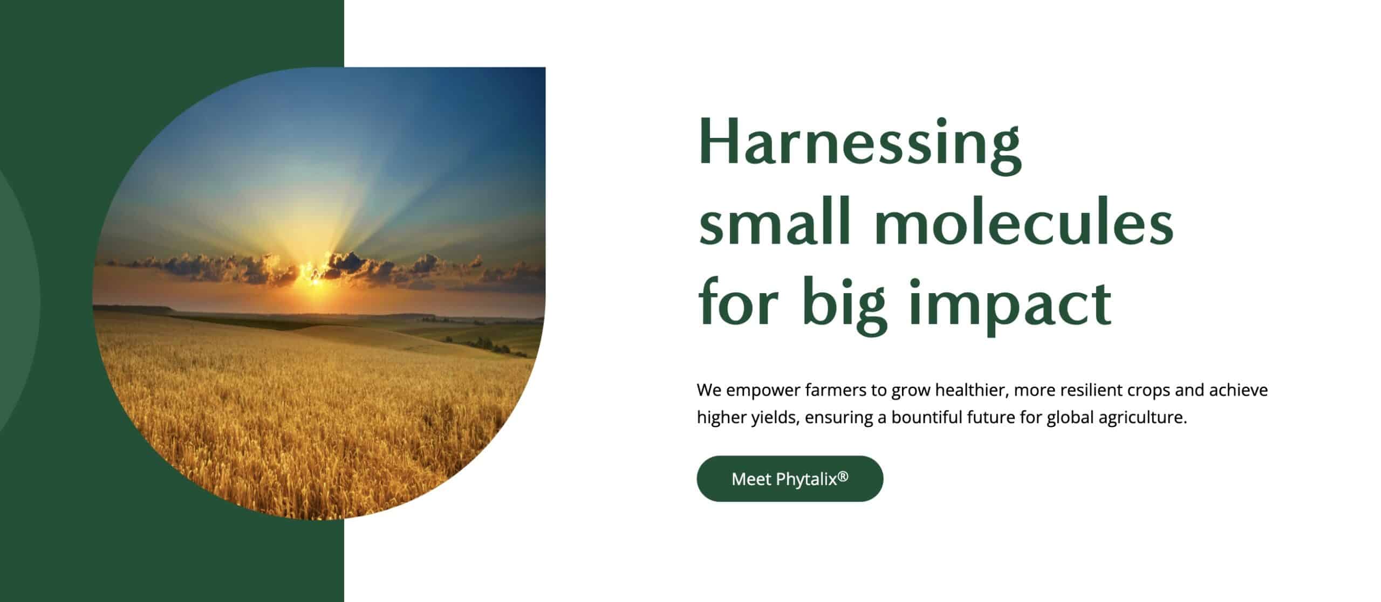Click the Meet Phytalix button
(789, 479)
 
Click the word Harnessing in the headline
(859, 142)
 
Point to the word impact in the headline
(1010, 304)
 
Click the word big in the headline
(845, 304)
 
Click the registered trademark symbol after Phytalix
(843, 476)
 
